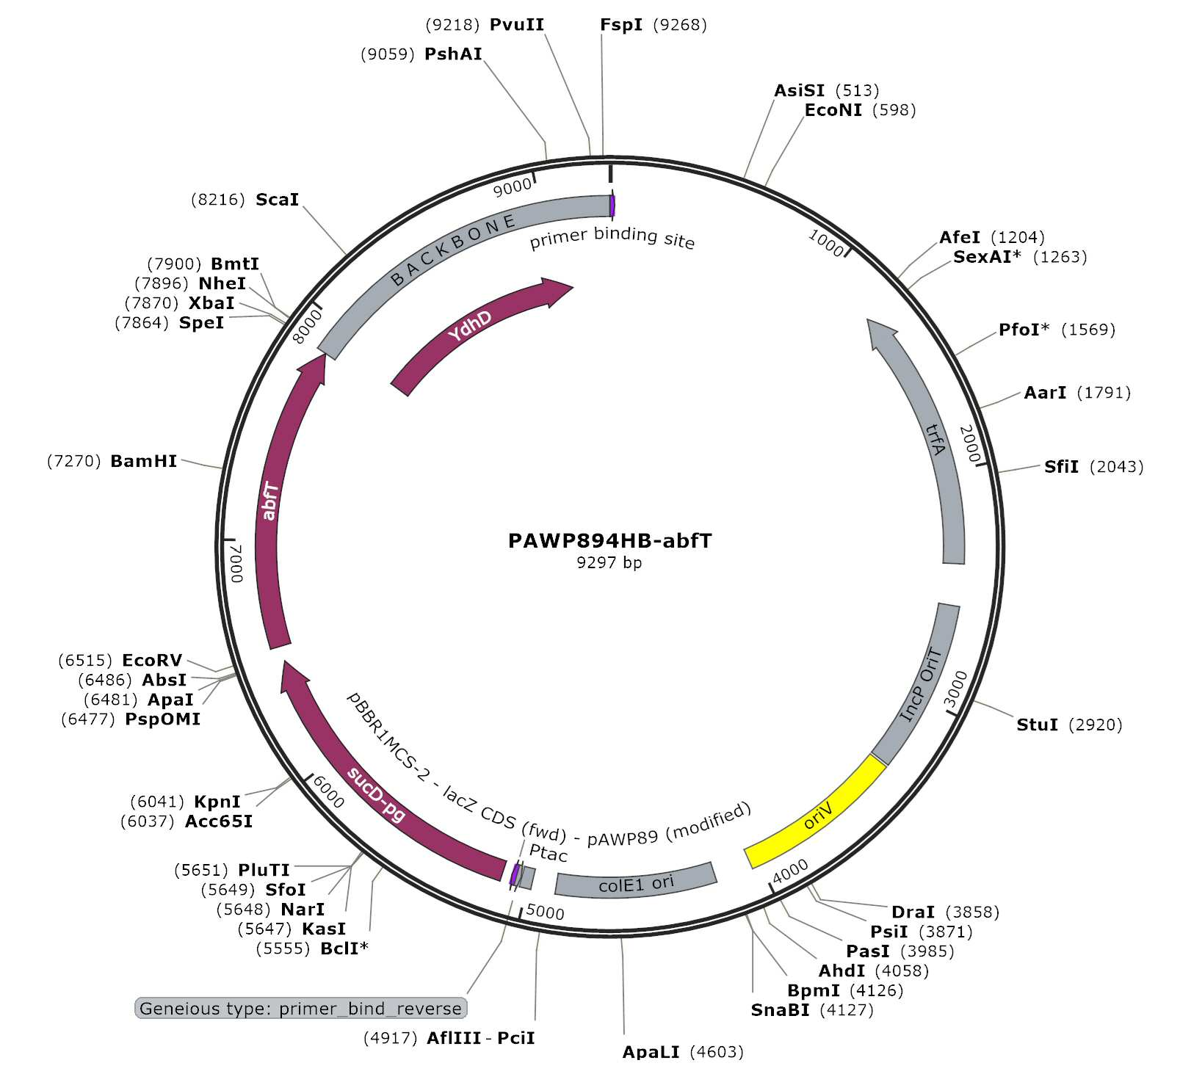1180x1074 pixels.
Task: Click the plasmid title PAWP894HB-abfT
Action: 609,541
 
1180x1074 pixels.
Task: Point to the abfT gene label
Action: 269,501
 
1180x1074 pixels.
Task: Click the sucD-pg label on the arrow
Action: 376,794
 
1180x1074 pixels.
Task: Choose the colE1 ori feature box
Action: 636,880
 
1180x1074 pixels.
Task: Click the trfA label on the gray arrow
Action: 934,440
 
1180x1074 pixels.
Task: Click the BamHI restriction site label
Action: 144,461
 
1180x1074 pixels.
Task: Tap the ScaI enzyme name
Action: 278,200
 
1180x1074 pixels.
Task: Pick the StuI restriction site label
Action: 1037,725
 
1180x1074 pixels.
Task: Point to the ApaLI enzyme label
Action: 651,1052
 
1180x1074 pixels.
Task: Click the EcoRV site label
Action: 152,661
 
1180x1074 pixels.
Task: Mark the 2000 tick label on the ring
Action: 970,444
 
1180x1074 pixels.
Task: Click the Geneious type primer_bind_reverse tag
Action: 301,1008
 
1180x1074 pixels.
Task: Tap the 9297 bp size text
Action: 609,563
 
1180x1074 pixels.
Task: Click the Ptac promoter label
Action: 548,853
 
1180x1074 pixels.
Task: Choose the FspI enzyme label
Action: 621,25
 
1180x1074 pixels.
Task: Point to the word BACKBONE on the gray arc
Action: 452,250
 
